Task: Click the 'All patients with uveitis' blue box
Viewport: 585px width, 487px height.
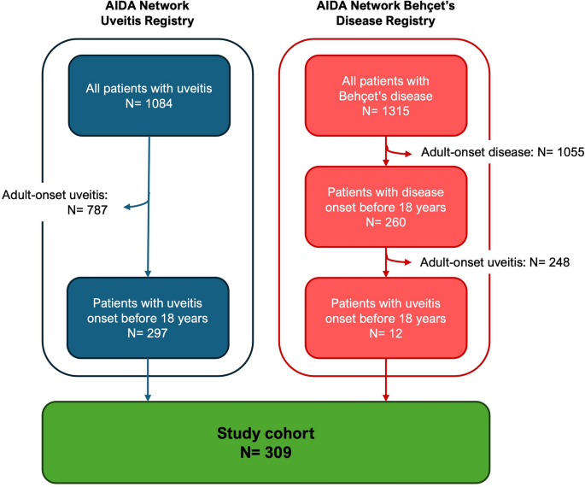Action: click(150, 96)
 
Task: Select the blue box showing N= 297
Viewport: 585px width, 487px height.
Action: click(150, 317)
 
